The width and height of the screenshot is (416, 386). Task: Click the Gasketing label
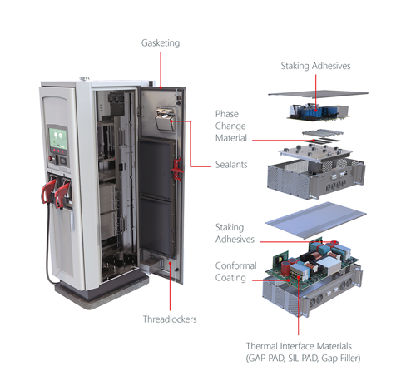click(161, 43)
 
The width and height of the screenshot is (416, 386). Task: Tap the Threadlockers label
click(170, 319)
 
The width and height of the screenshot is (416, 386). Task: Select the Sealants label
click(231, 165)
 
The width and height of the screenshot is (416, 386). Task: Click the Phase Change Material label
click(231, 126)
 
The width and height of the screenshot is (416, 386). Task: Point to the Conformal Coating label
click(235, 271)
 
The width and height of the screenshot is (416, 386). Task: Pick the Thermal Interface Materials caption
click(303, 352)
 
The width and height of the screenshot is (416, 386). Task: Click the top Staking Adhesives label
click(315, 66)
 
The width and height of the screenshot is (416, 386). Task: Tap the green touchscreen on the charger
click(58, 138)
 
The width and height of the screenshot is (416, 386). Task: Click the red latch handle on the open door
click(176, 169)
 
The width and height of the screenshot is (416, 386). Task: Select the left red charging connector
click(49, 191)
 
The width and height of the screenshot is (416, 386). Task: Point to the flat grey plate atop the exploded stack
click(318, 94)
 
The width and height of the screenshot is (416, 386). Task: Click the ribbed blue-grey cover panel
click(315, 220)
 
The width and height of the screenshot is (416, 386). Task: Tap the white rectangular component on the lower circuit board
click(328, 265)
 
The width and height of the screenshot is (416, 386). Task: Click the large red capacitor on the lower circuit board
click(285, 268)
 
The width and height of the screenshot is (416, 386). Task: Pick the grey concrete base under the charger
click(102, 292)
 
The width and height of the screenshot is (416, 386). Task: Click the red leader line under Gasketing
click(161, 70)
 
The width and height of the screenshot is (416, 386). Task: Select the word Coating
click(230, 278)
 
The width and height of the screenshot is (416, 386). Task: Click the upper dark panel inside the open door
click(157, 170)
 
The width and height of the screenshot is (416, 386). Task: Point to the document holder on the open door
click(165, 119)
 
